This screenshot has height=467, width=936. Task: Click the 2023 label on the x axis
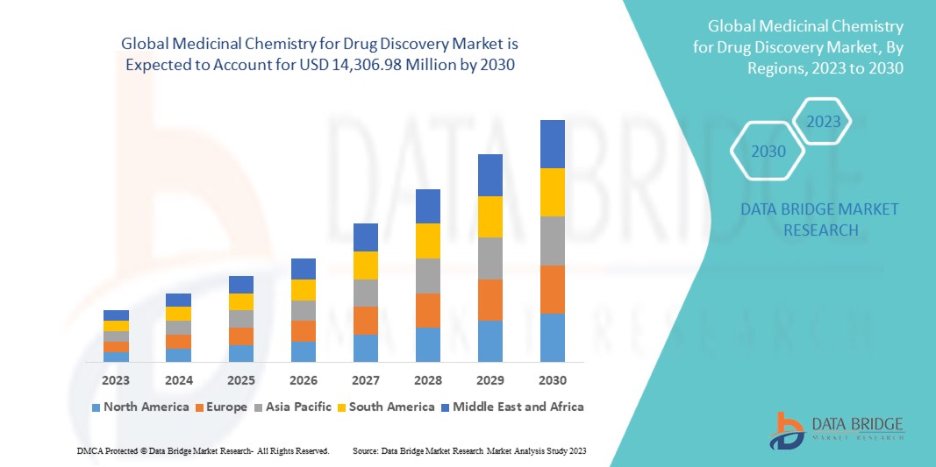(x=116, y=380)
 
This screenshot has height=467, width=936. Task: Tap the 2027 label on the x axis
(x=366, y=380)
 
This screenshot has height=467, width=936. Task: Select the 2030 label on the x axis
(x=552, y=380)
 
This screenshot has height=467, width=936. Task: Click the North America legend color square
(x=96, y=407)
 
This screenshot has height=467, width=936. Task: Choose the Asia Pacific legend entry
(x=294, y=407)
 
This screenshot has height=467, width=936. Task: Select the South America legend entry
(x=391, y=407)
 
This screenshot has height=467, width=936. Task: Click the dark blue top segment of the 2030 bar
(x=552, y=144)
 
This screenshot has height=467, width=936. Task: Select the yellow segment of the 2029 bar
(x=489, y=216)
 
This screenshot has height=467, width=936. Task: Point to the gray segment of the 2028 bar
(x=427, y=275)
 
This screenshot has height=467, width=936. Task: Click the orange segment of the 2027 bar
(x=366, y=320)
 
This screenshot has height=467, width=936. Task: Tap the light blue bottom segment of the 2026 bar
(x=304, y=351)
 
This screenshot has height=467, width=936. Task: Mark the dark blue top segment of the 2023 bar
(x=116, y=315)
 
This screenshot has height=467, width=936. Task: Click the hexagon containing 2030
(x=769, y=152)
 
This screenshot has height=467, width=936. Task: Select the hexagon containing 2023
(x=824, y=122)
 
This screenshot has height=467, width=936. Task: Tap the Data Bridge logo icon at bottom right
(x=787, y=431)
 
